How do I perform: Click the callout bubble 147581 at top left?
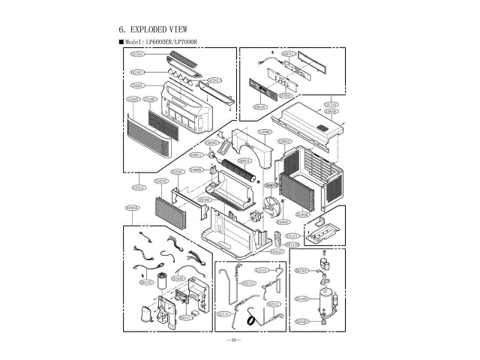tap(137, 55)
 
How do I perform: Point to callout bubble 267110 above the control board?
tap(289, 54)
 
